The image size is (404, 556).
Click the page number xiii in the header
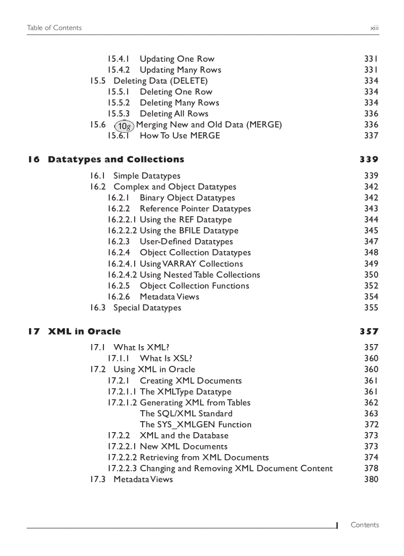coord(374,28)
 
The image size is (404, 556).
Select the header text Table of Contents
coord(54,28)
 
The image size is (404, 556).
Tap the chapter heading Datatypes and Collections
coord(116,159)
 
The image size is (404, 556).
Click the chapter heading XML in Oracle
coord(84,332)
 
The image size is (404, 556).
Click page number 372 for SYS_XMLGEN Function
coord(371,424)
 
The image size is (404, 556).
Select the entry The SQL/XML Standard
coord(186,413)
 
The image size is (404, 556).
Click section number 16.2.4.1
coord(122,264)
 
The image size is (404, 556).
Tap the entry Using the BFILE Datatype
coord(189,231)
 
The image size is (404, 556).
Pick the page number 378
coord(371,468)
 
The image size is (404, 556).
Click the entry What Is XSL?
coord(166,358)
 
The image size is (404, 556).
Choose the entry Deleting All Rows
coord(174,114)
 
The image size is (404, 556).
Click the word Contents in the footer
coord(364,525)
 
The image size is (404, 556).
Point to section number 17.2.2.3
coord(122,468)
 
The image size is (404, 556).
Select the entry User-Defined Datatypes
coord(186,242)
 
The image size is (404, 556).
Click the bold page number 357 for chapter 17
coord(369,332)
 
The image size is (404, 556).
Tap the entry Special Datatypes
coord(147,308)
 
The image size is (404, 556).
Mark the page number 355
coord(371,308)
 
